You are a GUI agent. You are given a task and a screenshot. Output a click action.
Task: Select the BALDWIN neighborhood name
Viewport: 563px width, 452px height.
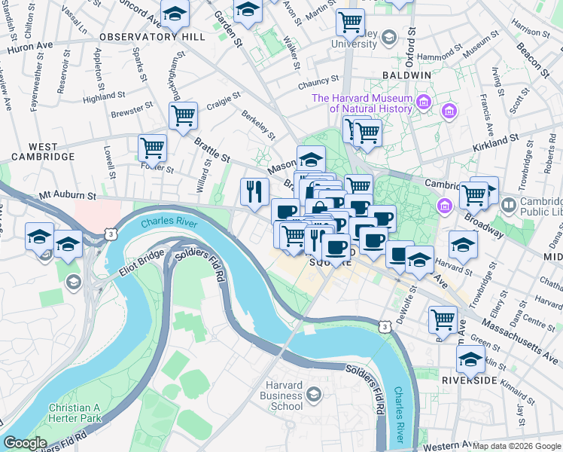coord(406,75)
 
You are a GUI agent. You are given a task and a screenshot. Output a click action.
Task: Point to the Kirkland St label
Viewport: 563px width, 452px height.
coord(496,140)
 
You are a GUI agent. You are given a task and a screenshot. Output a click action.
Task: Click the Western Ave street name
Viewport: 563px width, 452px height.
coord(447,445)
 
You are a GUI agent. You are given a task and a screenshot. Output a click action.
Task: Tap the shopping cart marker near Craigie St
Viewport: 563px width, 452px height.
coord(183,115)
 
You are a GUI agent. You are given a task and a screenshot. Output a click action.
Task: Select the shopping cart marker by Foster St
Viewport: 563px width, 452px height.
coord(152,146)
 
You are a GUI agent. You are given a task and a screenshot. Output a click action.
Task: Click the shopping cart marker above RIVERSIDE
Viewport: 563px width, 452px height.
coord(443,318)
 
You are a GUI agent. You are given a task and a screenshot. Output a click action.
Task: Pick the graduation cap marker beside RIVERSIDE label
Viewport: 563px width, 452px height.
coord(471,361)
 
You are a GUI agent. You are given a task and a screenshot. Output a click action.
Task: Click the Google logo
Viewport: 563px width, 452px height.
coord(26,444)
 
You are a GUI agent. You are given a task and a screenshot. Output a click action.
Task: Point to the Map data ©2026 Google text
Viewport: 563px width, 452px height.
coord(516,446)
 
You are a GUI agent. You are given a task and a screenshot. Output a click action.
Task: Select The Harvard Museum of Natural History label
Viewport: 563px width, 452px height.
coord(362,103)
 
